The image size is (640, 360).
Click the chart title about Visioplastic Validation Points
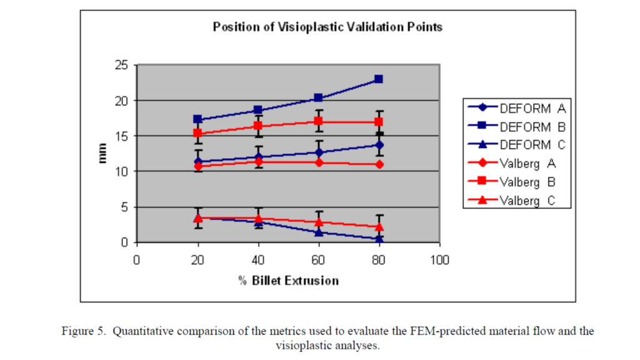(x=327, y=27)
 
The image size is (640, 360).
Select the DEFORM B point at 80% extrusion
(x=378, y=79)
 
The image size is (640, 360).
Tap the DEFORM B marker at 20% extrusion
(x=197, y=119)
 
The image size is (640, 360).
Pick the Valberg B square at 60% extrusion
(x=318, y=121)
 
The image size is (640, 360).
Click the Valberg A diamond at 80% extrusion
(x=378, y=164)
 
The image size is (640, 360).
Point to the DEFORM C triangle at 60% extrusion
(x=318, y=232)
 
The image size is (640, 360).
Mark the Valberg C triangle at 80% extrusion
(x=378, y=227)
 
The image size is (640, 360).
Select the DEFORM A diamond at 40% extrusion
(x=258, y=157)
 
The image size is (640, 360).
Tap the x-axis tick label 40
(x=258, y=258)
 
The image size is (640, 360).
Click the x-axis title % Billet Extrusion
(x=288, y=281)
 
